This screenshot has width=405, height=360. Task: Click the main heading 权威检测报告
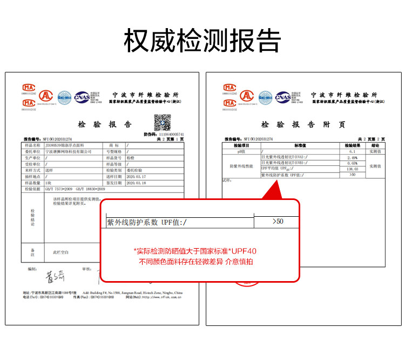pyautogui.click(x=202, y=41)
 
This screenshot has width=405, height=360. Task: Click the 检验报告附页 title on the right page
pyautogui.click(x=303, y=124)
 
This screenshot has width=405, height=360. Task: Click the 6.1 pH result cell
pyautogui.click(x=353, y=152)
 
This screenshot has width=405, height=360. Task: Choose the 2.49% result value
pyautogui.click(x=353, y=158)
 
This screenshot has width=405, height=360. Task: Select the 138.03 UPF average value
pyautogui.click(x=353, y=169)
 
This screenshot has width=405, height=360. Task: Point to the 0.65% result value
pyautogui.click(x=353, y=163)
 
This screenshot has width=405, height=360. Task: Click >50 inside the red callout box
pyautogui.click(x=277, y=222)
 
